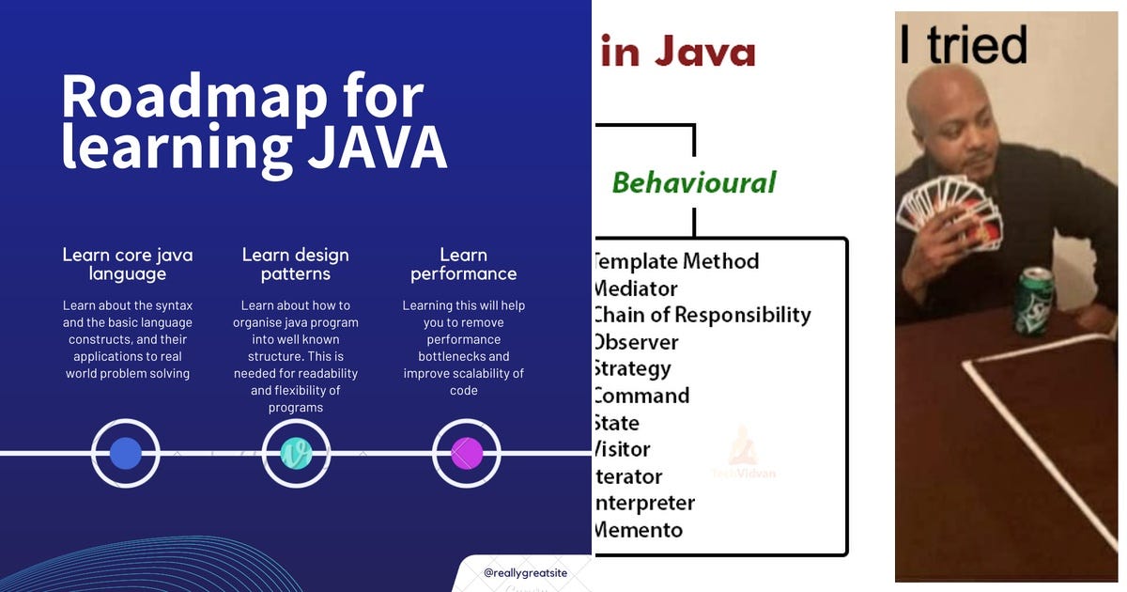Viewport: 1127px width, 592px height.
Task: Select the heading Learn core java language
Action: pos(128,264)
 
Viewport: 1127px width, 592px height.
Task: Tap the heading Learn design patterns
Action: pos(295,264)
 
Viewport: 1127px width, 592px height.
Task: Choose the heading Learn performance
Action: pos(463,264)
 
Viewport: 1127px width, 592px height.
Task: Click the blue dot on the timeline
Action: pos(126,453)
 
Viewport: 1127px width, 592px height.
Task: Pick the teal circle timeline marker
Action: pos(296,453)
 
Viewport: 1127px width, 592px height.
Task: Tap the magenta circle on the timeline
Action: pos(466,453)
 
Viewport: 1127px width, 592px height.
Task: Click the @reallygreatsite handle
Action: pos(527,572)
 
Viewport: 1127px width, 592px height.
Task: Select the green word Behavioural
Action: pos(694,182)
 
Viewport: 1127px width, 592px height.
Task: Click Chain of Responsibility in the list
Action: pos(702,315)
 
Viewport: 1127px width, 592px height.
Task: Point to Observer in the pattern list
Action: pos(637,342)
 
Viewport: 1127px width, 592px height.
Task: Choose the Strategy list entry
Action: pos(633,368)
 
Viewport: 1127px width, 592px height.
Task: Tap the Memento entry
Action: pos(639,530)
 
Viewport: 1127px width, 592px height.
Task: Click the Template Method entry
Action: pos(677,261)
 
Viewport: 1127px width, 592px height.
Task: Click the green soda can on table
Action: pos(1034,300)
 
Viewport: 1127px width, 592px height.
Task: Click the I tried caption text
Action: pos(964,44)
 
